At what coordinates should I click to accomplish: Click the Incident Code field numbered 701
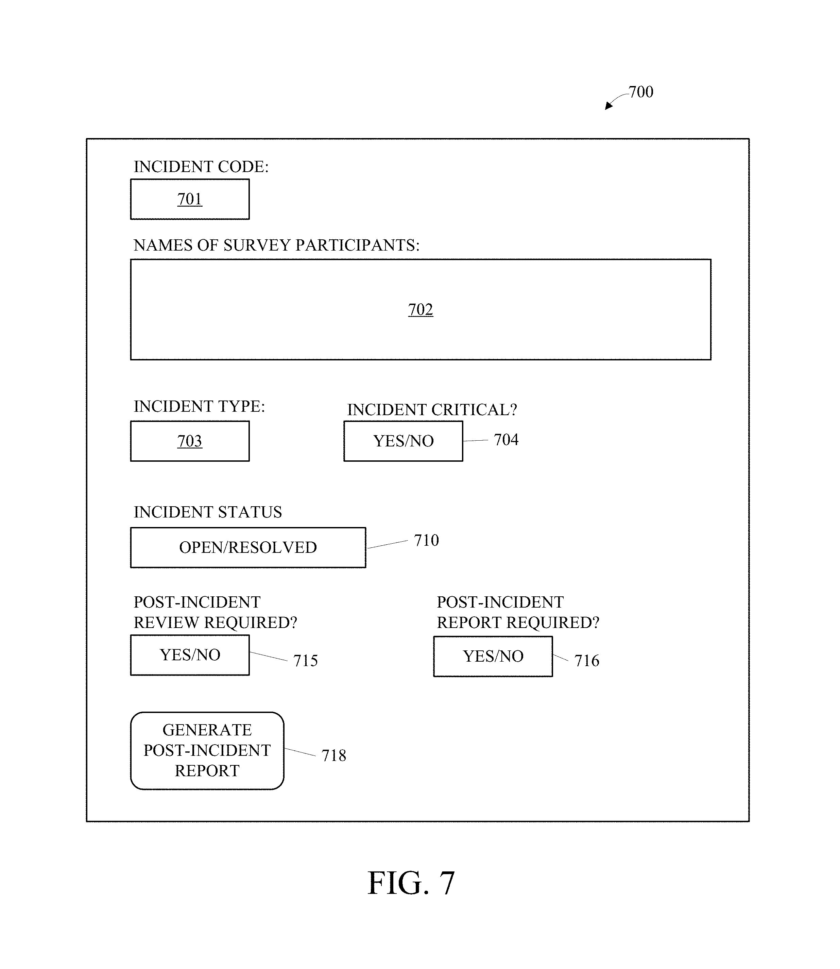coord(190,199)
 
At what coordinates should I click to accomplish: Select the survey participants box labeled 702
coord(421,309)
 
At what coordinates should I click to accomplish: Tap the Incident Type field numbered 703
coord(190,441)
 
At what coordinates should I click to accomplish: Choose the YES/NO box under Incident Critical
coord(403,441)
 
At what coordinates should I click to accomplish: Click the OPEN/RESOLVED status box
coord(248,547)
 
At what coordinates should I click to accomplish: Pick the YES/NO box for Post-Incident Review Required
coord(190,655)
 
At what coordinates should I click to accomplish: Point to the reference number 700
coord(641,92)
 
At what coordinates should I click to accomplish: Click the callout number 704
coord(506,440)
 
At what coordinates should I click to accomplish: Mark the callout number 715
coord(306,661)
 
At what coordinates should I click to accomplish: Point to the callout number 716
coord(587,661)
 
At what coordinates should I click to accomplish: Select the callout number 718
coord(334,756)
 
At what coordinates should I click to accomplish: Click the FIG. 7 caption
coord(411,883)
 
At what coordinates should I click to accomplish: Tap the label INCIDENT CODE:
coord(201,167)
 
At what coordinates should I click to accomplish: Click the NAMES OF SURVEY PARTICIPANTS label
coord(277,245)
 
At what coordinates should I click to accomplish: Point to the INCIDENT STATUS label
coord(208,512)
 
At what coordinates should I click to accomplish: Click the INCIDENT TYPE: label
coord(199,406)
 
